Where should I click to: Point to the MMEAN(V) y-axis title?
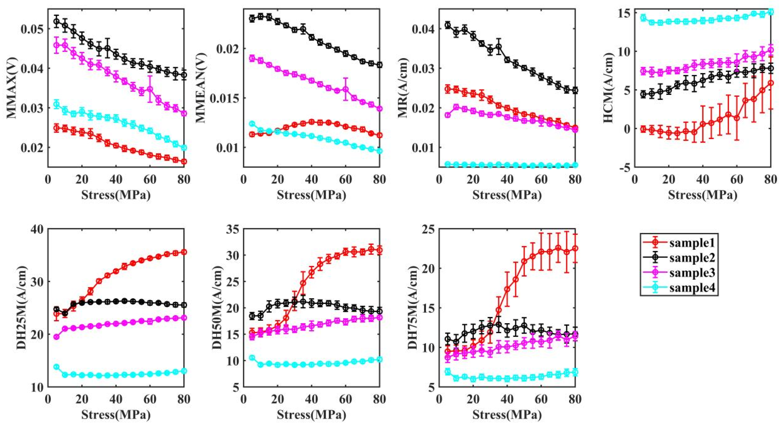click(x=201, y=87)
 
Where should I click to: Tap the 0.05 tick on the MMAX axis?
click(x=30, y=29)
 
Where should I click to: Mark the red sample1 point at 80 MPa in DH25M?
click(x=184, y=252)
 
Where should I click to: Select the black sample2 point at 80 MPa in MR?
click(x=575, y=90)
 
